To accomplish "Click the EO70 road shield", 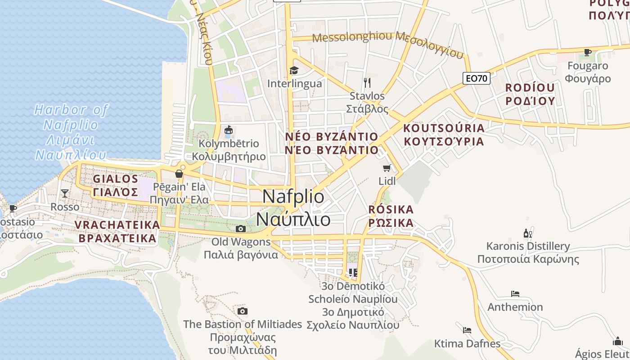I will pyautogui.click(x=476, y=78).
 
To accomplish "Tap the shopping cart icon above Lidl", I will pyautogui.click(x=387, y=168).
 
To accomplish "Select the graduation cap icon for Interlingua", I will pyautogui.click(x=294, y=70).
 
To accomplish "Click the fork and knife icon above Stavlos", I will pyautogui.click(x=367, y=82).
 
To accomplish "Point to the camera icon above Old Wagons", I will pyautogui.click(x=241, y=229).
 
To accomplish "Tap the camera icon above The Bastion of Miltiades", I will pyautogui.click(x=243, y=311).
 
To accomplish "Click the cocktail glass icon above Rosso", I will pyautogui.click(x=65, y=193).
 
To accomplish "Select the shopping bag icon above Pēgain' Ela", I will pyautogui.click(x=179, y=174).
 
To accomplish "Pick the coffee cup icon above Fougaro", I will pyautogui.click(x=587, y=52).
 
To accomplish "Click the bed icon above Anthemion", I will pyautogui.click(x=515, y=294).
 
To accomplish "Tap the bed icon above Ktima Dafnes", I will pyautogui.click(x=467, y=330).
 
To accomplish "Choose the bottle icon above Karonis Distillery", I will pyautogui.click(x=528, y=233).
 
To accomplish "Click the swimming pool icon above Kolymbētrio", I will pyautogui.click(x=229, y=130).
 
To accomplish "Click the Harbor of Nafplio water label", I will pyautogui.click(x=71, y=132).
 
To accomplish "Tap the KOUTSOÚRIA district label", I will pyautogui.click(x=444, y=135).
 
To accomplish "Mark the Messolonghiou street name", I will pyautogui.click(x=352, y=37).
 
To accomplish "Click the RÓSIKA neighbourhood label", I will pyautogui.click(x=391, y=216).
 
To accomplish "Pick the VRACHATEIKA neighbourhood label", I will pyautogui.click(x=117, y=231).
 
